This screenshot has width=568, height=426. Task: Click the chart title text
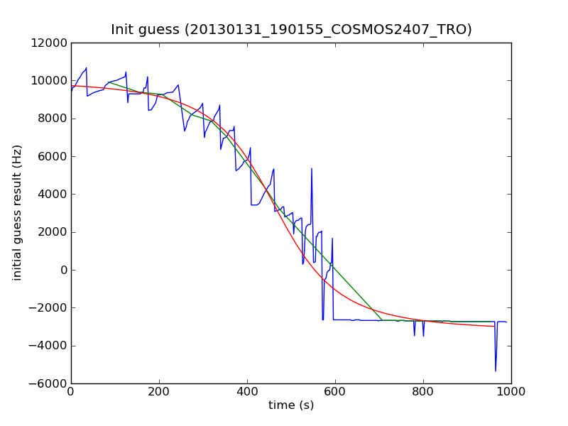(x=291, y=29)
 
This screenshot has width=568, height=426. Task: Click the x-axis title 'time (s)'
(x=291, y=405)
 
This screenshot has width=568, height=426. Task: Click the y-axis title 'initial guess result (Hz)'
(x=17, y=212)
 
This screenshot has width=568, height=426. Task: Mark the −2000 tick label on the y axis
(x=48, y=307)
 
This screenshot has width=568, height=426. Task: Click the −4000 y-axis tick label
(x=48, y=346)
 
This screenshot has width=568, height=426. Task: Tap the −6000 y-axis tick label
(x=48, y=383)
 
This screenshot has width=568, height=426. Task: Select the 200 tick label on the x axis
(x=159, y=391)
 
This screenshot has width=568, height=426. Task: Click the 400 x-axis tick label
(x=247, y=391)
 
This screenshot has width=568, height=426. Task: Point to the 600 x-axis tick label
(x=335, y=391)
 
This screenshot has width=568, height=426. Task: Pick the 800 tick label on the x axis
(x=423, y=391)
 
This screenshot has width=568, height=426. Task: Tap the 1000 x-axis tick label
(x=511, y=391)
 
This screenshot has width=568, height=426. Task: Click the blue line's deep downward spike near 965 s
(x=496, y=370)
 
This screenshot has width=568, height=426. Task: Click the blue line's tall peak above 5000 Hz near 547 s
(x=312, y=169)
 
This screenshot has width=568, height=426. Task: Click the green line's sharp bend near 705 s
(x=381, y=320)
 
